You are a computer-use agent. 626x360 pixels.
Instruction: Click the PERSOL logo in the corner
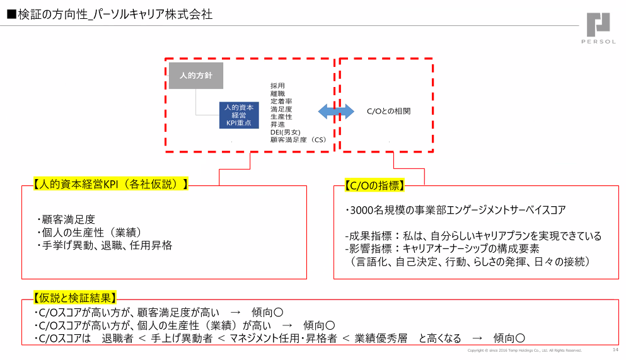point(598,28)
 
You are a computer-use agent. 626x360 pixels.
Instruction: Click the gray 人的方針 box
point(195,76)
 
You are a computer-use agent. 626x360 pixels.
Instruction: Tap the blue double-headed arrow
point(336,112)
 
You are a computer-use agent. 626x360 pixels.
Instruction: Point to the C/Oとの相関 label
point(389,111)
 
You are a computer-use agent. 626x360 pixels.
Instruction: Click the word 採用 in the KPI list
point(278,86)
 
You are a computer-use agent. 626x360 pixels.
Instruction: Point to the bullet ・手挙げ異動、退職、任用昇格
point(105,245)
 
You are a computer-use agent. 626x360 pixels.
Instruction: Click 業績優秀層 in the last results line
point(381,339)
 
